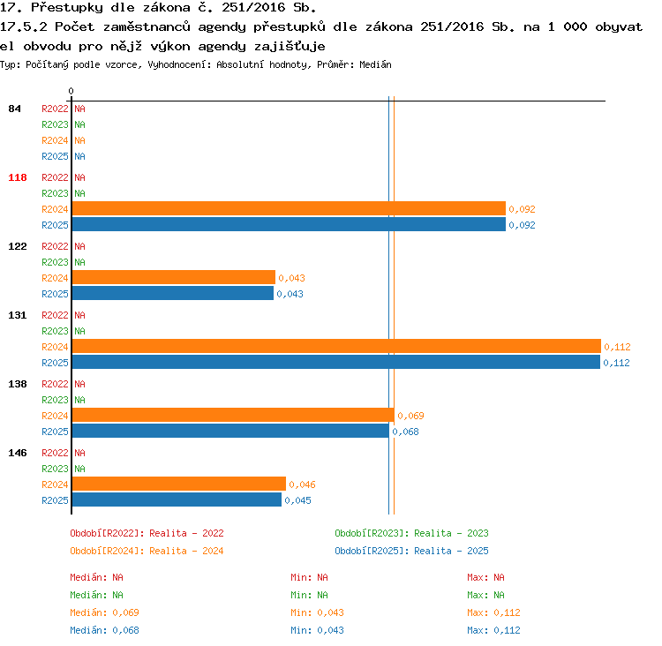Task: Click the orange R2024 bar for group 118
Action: (289, 208)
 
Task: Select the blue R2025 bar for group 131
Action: (336, 362)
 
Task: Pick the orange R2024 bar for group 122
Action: (174, 277)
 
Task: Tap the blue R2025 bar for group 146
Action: (177, 500)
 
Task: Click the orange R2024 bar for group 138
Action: (233, 415)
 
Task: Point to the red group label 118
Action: (18, 177)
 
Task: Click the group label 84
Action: (14, 109)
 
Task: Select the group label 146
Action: (18, 453)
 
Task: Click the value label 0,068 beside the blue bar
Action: (405, 432)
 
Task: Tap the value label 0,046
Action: (302, 484)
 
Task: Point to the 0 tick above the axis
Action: (71, 91)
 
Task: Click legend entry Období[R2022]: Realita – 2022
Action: (147, 533)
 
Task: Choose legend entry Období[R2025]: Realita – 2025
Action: (411, 551)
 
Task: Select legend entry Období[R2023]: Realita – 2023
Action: (411, 533)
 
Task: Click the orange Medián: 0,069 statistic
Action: (104, 612)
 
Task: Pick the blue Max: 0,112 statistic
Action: (493, 630)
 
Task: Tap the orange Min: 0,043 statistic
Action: (317, 612)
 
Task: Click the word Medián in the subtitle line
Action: (375, 64)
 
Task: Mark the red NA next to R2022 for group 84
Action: (79, 109)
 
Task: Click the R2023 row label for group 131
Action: (55, 331)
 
